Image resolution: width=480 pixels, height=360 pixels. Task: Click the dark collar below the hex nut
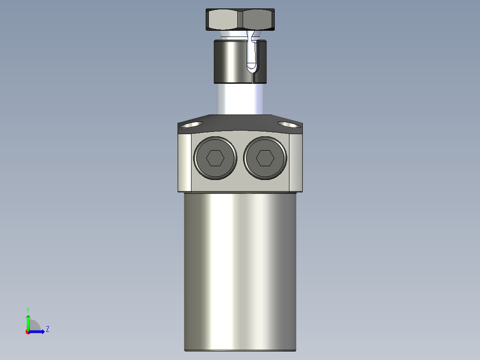pos(229,61)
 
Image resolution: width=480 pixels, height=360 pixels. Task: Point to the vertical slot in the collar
pos(252,58)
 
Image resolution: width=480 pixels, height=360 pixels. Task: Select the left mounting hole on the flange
pos(191,125)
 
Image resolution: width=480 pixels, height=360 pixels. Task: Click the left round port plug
pos(215,158)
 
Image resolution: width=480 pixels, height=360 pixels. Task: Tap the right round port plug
pos(265,158)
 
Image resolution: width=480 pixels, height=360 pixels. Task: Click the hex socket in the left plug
pos(215,158)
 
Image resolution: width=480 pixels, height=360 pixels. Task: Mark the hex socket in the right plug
pos(265,158)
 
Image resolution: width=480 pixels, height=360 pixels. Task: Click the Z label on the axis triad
pos(47,329)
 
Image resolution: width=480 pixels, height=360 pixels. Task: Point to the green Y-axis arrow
pos(28,321)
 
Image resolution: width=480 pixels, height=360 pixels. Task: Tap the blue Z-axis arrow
pos(38,331)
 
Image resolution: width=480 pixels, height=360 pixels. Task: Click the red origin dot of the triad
pos(28,332)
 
